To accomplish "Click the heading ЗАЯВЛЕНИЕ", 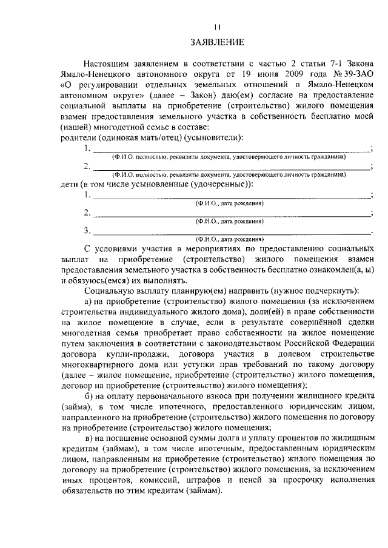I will click(217, 42).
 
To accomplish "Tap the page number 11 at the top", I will click(217, 27).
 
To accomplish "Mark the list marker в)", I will click(89, 438).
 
